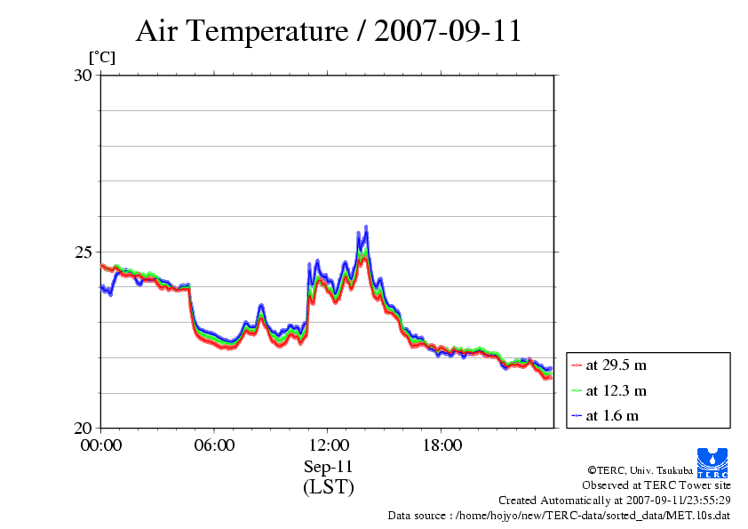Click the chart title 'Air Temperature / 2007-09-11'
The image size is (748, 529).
(328, 31)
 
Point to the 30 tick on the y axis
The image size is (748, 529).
(83, 76)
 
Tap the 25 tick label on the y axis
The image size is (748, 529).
(83, 252)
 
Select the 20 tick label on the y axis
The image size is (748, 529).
(83, 428)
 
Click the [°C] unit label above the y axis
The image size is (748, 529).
(101, 58)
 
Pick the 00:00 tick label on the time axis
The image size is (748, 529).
(100, 445)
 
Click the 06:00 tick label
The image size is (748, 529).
(214, 445)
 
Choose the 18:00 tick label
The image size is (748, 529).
(442, 445)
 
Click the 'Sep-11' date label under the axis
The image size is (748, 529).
(328, 466)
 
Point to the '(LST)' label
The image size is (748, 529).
(328, 486)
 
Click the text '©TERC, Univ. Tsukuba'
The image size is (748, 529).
(640, 469)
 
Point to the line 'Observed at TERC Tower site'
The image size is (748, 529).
(656, 485)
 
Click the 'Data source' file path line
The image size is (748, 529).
(559, 515)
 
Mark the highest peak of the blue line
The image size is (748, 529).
(365, 227)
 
